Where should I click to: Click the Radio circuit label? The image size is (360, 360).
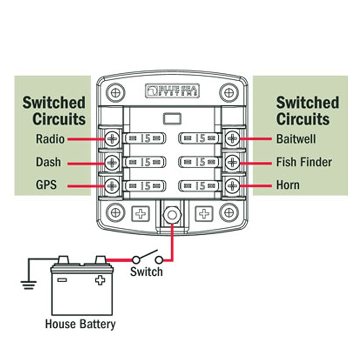[x=50, y=139]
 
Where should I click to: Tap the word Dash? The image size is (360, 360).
[x=48, y=162]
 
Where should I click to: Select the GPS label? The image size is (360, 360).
[x=46, y=185]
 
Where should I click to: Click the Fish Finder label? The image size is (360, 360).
[x=304, y=162]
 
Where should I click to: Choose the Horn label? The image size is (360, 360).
[x=288, y=185]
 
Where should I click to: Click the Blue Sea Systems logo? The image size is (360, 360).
[x=172, y=90]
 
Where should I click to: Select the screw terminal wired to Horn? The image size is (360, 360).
[x=233, y=186]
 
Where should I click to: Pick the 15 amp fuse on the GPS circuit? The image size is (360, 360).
[x=145, y=186]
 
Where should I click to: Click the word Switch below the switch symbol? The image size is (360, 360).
[x=146, y=271]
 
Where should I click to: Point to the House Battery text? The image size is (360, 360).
[x=80, y=324]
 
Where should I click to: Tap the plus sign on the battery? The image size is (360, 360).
[x=100, y=280]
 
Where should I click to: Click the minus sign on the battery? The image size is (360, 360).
[x=62, y=279]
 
